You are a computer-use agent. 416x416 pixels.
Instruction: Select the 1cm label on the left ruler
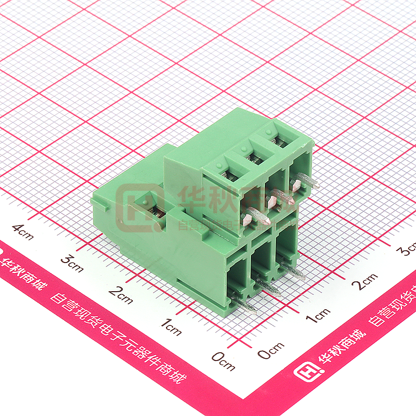tap(171, 327)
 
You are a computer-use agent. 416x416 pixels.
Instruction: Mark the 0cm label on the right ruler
tap(271, 350)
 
